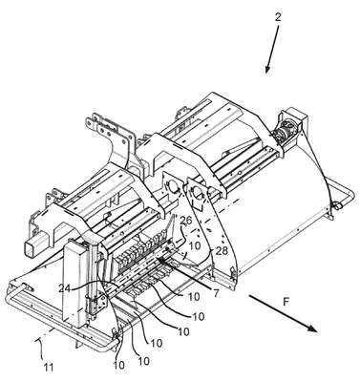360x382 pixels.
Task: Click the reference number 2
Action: [x=278, y=17]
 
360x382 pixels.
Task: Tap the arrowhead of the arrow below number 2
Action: [x=267, y=70]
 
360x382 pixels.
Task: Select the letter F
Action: [x=286, y=302]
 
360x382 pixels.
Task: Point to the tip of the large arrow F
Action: [x=317, y=332]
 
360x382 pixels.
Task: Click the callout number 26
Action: [x=187, y=221]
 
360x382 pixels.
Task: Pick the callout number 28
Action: [x=222, y=251]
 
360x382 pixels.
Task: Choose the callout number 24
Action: [x=65, y=288]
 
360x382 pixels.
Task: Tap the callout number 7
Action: [x=216, y=293]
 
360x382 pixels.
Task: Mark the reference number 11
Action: [x=49, y=368]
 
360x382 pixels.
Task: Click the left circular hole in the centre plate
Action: [x=173, y=187]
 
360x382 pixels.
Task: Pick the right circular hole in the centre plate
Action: [x=198, y=193]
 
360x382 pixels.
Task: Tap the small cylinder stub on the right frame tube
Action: [x=336, y=205]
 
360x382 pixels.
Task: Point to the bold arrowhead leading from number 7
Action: [x=160, y=261]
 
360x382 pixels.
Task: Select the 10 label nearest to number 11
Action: [x=118, y=365]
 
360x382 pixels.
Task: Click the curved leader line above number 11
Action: [x=40, y=345]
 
